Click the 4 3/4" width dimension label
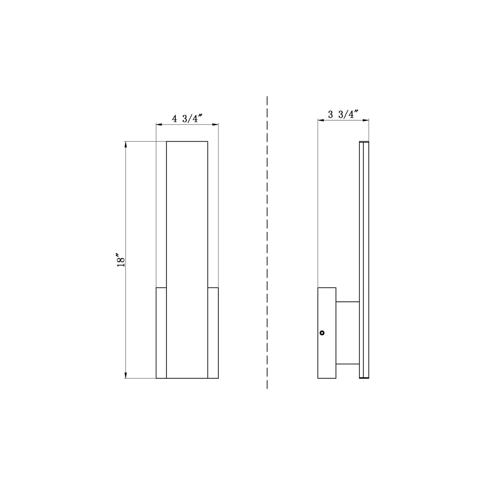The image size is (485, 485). click(187, 118)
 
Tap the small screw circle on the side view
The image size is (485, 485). click(322, 333)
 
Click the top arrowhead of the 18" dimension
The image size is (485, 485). click(126, 145)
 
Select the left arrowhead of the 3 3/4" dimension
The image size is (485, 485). click(321, 120)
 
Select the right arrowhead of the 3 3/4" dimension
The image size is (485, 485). click(366, 120)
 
